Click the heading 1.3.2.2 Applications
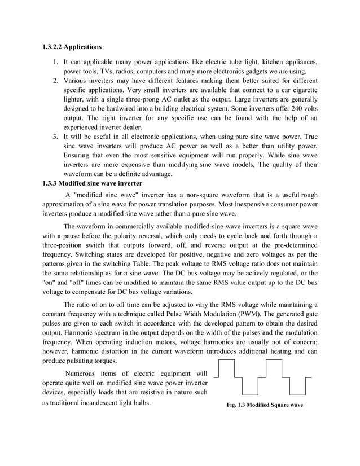[73, 46]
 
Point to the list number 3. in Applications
[57, 137]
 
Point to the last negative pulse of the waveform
[297, 386]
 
